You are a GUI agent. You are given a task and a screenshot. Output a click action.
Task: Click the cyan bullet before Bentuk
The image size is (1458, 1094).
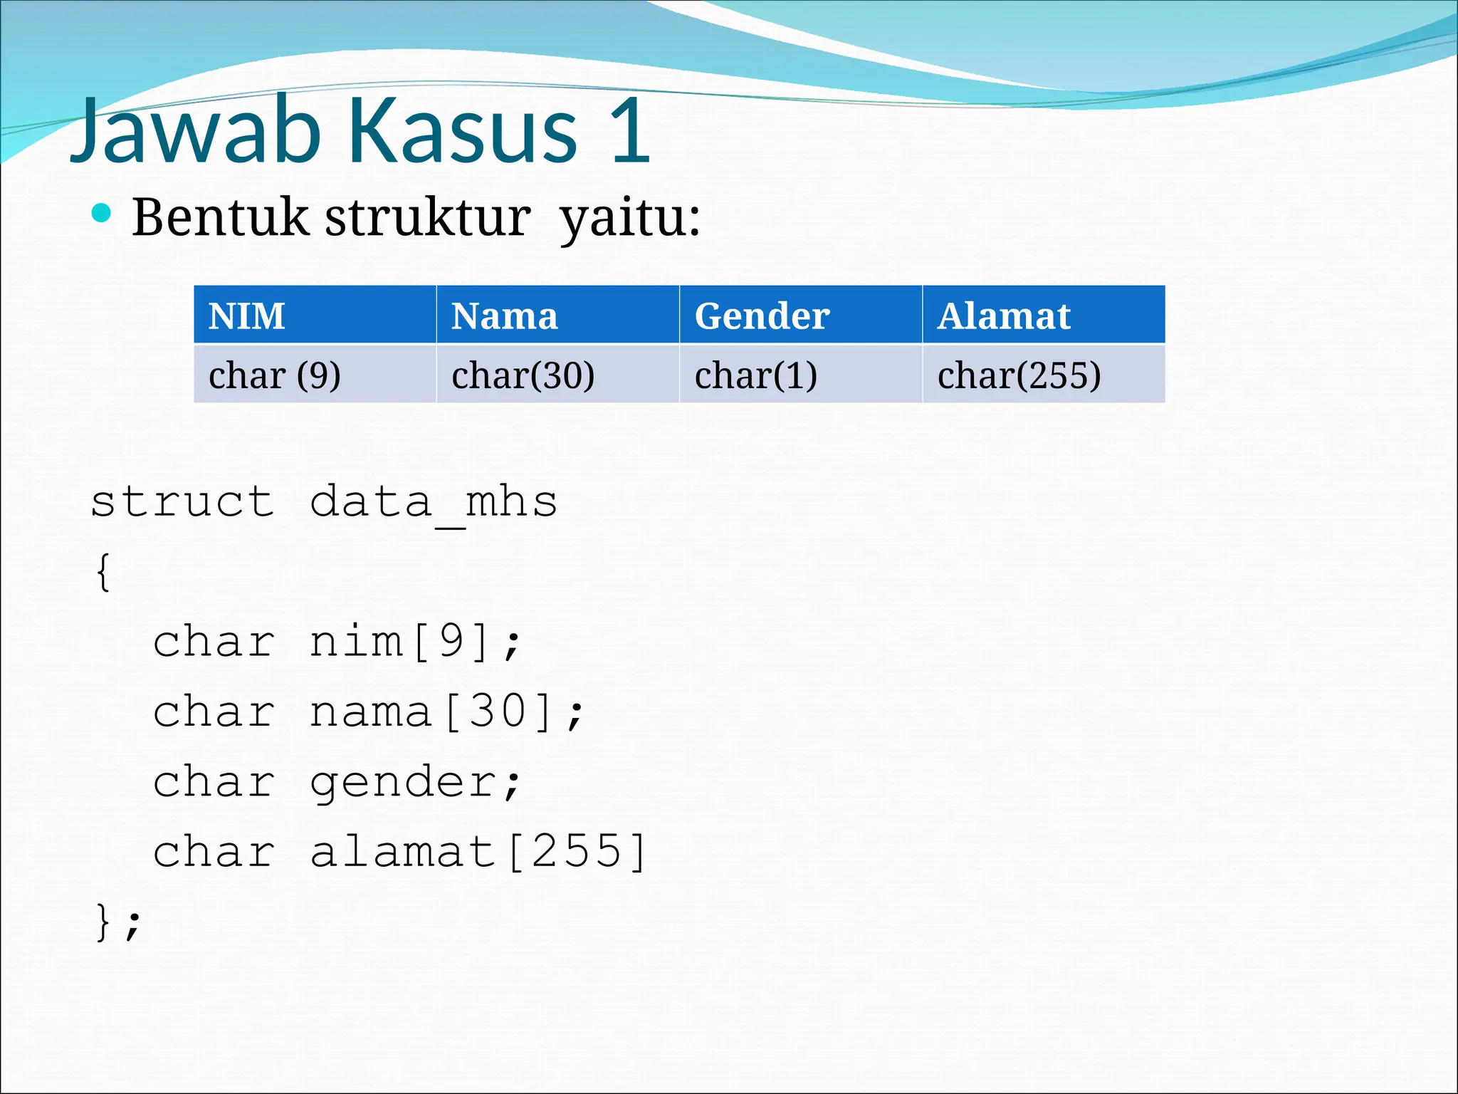tap(102, 213)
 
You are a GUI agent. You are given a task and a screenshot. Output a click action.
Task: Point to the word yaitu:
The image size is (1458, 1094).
tap(629, 218)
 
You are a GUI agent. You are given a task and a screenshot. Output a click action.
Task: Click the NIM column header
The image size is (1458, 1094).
tap(246, 316)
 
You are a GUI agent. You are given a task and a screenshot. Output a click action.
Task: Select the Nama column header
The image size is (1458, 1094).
tap(504, 316)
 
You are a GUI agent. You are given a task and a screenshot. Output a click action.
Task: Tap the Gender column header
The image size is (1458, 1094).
tap(762, 316)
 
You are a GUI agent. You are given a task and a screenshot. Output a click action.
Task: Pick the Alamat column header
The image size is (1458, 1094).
tap(1004, 316)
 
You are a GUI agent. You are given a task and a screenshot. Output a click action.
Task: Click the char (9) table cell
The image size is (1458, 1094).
tap(275, 375)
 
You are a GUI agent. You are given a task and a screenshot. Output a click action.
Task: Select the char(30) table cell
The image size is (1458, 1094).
tap(523, 375)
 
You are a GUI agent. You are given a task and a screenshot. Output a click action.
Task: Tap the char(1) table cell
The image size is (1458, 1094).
tap(755, 375)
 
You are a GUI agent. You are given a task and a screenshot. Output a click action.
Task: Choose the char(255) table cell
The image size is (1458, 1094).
tap(1019, 375)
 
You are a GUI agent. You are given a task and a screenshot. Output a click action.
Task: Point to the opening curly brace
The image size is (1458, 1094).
tap(103, 572)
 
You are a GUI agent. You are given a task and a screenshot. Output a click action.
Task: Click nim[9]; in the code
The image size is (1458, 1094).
tap(416, 642)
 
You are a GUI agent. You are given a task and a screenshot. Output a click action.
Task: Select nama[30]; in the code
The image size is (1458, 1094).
tap(447, 712)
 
